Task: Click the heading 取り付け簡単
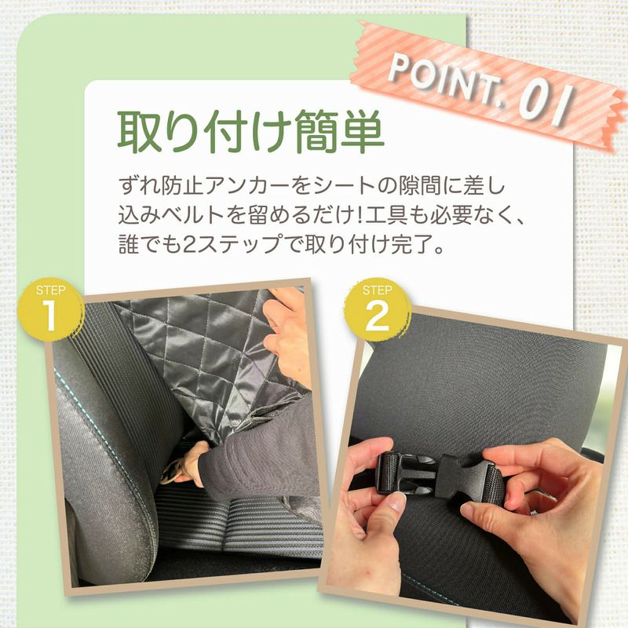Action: point(250,131)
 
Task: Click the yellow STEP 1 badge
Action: point(50,309)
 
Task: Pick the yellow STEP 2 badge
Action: point(377,309)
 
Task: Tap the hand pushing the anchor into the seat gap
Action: point(188,464)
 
